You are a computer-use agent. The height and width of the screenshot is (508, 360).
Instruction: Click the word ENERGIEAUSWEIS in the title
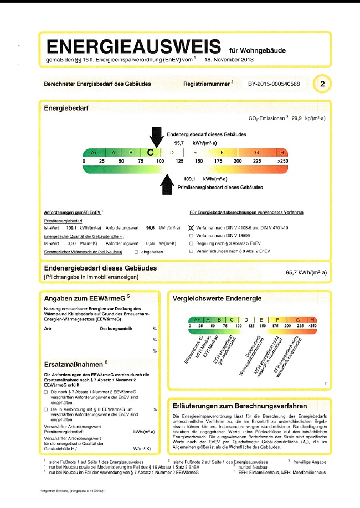tap(135, 46)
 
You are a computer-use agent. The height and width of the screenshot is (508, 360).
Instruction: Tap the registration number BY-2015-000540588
tap(270, 84)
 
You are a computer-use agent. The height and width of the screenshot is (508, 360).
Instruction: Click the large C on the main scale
tap(150, 152)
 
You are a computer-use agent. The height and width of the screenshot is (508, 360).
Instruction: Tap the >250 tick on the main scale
tap(281, 160)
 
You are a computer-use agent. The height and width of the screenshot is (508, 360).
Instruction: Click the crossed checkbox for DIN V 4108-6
tap(192, 227)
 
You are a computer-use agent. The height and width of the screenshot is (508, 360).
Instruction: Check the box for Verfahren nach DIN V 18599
tap(192, 235)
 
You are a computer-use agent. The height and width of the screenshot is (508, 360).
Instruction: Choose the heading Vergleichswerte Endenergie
tap(217, 299)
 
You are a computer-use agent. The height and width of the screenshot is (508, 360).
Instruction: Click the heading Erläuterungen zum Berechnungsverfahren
tap(240, 406)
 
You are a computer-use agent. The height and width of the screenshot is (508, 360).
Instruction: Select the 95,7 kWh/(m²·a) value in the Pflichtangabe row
tap(306, 272)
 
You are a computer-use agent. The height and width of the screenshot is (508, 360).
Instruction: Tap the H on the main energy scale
tap(282, 152)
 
